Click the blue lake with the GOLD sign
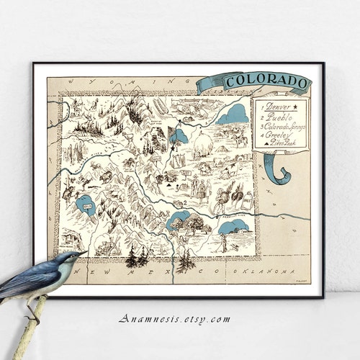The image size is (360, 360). pyautogui.click(x=86, y=205)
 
